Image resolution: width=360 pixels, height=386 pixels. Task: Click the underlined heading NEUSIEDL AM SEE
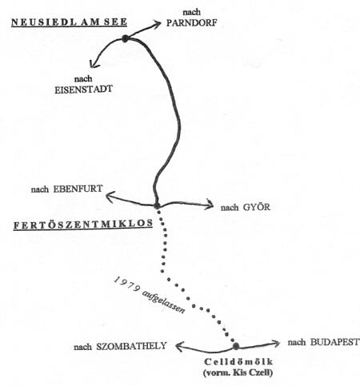tap(69, 22)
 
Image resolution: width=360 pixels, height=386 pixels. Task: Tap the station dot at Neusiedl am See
tap(125, 39)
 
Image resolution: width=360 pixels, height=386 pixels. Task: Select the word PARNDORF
tap(191, 22)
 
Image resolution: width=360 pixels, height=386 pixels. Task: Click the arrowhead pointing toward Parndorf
tap(157, 24)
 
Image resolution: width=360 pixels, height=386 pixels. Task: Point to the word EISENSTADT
tap(83, 90)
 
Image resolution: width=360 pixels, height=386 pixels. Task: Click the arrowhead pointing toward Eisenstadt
tap(93, 64)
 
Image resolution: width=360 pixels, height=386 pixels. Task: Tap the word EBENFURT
tap(78, 189)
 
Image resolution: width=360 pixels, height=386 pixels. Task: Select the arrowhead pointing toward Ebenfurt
tap(110, 197)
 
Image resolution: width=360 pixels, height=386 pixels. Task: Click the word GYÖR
tap(257, 207)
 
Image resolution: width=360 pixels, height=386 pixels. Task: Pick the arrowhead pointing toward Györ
tap(210, 205)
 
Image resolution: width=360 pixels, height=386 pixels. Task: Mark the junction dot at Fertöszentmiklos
tap(157, 205)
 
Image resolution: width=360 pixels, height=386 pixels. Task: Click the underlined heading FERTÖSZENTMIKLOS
tap(83, 225)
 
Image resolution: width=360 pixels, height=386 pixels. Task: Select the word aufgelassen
tap(163, 301)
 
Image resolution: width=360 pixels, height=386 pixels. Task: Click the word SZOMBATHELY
tap(131, 346)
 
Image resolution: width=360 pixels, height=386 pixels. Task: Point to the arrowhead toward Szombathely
tap(180, 347)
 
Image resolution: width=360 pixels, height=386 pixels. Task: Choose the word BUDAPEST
tap(335, 342)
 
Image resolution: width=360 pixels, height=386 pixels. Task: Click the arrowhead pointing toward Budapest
tap(275, 344)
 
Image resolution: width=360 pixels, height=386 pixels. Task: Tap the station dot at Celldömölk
tap(236, 346)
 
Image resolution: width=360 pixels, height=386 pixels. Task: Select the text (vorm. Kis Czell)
tap(238, 372)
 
